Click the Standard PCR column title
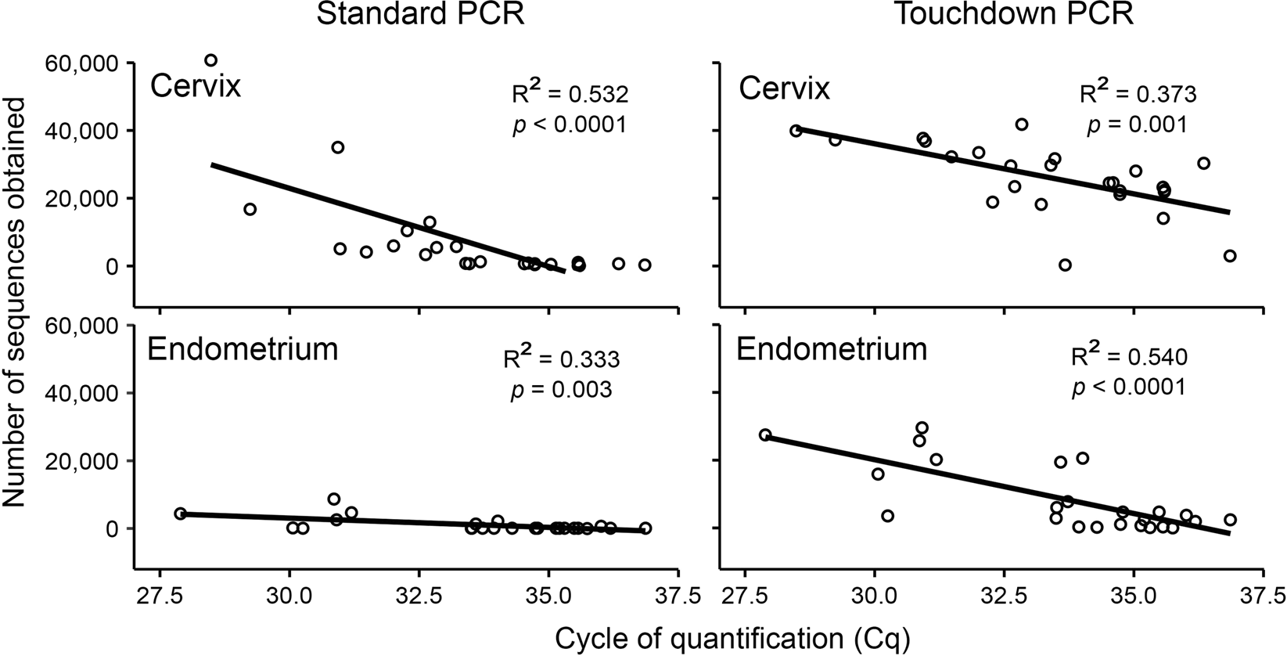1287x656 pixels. [x=419, y=16]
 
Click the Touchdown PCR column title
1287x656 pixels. [x=1013, y=16]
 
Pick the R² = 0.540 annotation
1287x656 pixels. [x=1129, y=357]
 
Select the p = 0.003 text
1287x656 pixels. [x=561, y=389]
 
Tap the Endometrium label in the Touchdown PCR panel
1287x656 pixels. [x=832, y=349]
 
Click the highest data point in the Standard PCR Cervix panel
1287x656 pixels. [x=210, y=60]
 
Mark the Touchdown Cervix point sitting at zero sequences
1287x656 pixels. [x=1065, y=265]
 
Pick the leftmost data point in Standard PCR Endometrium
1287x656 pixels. [x=180, y=514]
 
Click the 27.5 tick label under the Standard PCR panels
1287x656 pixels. [x=160, y=597]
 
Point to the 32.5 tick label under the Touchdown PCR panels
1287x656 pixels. [x=1003, y=597]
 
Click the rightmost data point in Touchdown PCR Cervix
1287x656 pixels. [x=1230, y=256]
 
